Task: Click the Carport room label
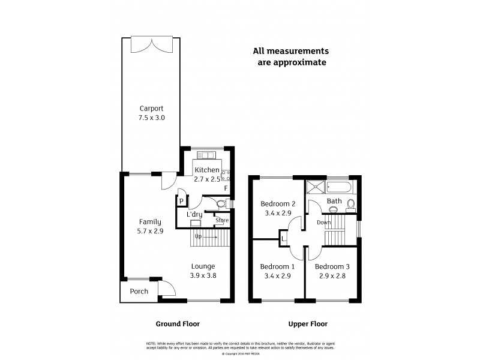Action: (x=151, y=109)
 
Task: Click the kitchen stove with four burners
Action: (x=227, y=175)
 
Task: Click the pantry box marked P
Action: (x=180, y=201)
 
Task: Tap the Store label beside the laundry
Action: (x=222, y=220)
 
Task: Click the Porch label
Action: (x=139, y=292)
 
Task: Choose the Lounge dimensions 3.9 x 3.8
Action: (x=203, y=275)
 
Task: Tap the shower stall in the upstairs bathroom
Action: (x=315, y=187)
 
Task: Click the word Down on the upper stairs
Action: (x=323, y=222)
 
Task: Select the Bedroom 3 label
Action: (x=331, y=266)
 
